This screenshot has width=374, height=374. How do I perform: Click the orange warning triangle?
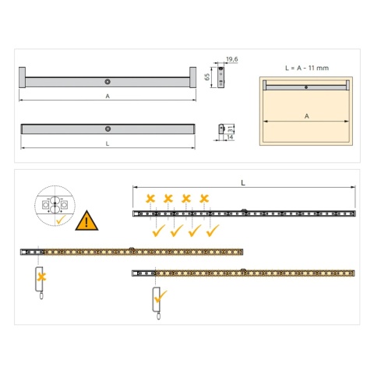tap(87, 221)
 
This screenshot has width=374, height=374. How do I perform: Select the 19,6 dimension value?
tap(232, 59)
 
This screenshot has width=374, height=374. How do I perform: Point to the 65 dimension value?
tap(207, 77)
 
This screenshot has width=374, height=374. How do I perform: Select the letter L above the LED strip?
tap(244, 182)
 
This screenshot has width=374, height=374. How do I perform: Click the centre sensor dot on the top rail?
tap(107, 80)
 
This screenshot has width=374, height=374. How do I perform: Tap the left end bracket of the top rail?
tap(23, 79)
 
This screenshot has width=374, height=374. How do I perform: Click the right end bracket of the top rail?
tap(190, 79)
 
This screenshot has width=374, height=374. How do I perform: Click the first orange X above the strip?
tap(149, 198)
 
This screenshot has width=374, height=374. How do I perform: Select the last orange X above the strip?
tap(204, 198)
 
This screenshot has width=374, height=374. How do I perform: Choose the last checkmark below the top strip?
tap(213, 231)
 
